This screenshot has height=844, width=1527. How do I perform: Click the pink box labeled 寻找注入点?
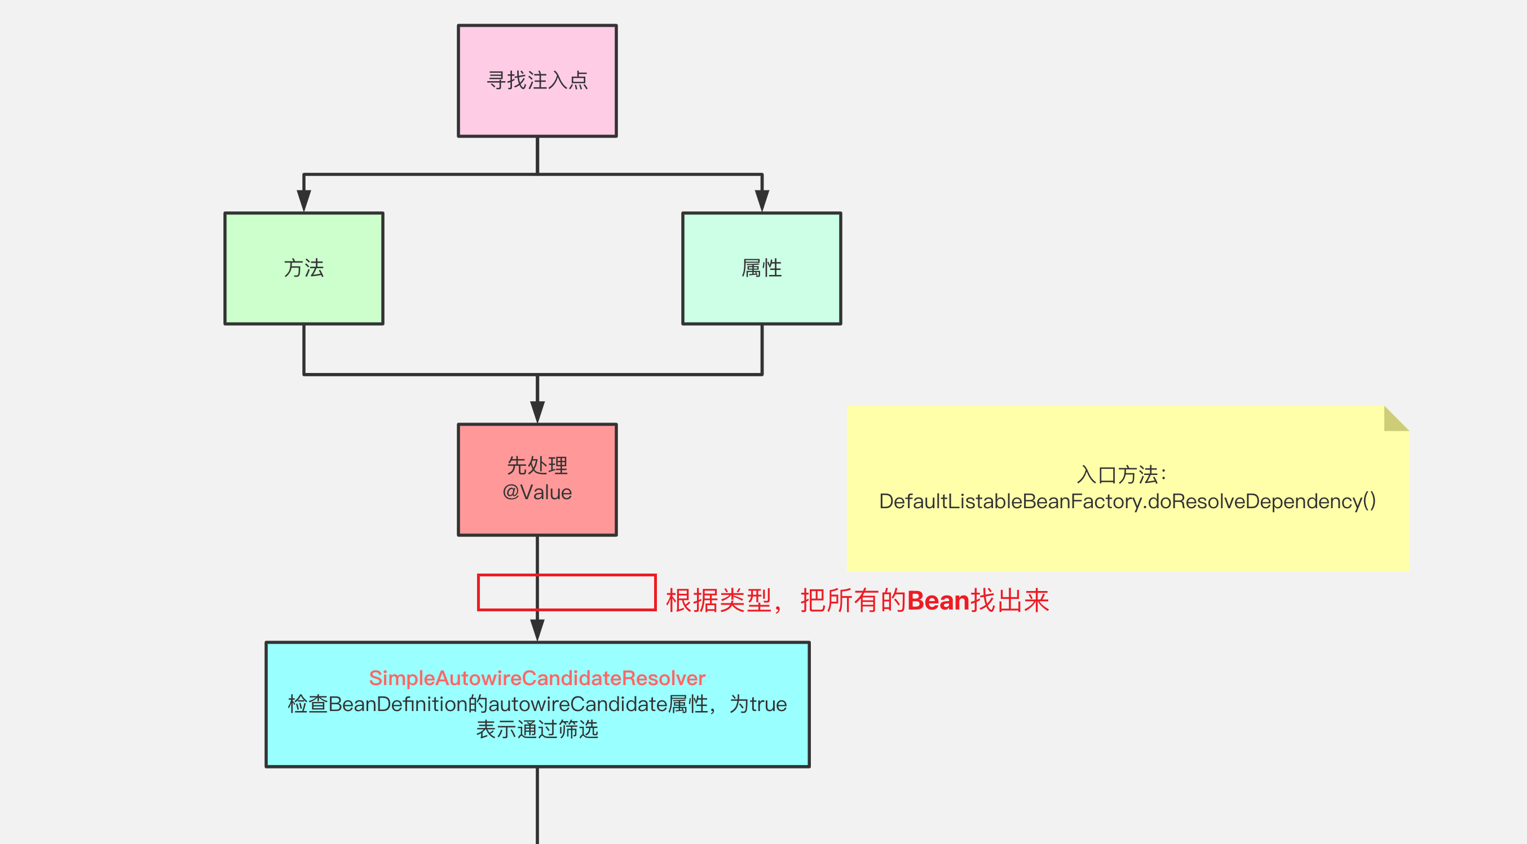[537, 81]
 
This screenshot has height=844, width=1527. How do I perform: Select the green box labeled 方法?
[303, 268]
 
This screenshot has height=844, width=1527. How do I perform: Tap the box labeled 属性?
[761, 268]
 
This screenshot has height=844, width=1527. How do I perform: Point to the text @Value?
[537, 493]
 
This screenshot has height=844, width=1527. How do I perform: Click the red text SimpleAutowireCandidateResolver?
[537, 678]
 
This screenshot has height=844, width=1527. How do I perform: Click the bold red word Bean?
[938, 601]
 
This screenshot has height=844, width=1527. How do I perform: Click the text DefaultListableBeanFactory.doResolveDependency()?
[1127, 501]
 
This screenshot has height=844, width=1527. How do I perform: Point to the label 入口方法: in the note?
[1121, 474]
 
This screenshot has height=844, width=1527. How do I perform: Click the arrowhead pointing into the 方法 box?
[303, 200]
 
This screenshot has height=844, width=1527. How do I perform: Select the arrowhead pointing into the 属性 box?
[762, 200]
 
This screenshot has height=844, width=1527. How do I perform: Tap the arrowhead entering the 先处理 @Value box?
[537, 412]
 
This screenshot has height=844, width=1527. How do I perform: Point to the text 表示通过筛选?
[537, 730]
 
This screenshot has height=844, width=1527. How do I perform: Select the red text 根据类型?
[718, 601]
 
